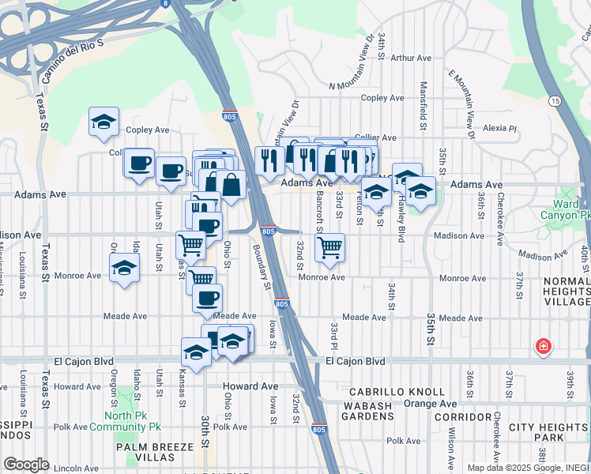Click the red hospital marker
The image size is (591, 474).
543,346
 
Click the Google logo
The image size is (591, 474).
26,465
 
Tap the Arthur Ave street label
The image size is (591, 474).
411,58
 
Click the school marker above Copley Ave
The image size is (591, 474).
104,122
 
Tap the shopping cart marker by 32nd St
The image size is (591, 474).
329,247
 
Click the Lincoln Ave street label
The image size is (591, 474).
78,468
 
